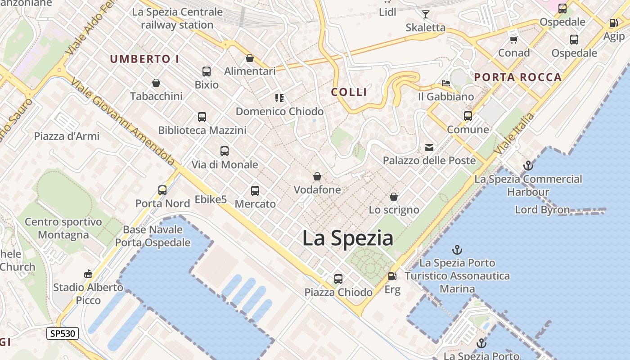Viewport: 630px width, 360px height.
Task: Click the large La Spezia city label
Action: pyautogui.click(x=347, y=238)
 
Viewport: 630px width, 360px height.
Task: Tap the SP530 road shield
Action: pyautogui.click(x=63, y=333)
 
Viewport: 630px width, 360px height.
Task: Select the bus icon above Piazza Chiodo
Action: pyautogui.click(x=338, y=279)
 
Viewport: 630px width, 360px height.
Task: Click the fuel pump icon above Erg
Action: pyautogui.click(x=392, y=276)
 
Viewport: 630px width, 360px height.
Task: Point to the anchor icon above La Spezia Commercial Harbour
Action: pyautogui.click(x=528, y=166)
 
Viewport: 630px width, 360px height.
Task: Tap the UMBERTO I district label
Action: pyautogui.click(x=144, y=59)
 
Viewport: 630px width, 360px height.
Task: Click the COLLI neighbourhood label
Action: pyautogui.click(x=349, y=92)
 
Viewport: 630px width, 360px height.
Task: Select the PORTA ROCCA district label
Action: pyautogui.click(x=518, y=77)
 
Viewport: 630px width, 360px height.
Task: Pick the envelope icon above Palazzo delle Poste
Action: pyautogui.click(x=429, y=147)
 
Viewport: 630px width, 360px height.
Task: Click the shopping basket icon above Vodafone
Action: pyautogui.click(x=317, y=176)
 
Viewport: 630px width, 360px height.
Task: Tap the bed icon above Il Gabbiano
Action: pyautogui.click(x=446, y=83)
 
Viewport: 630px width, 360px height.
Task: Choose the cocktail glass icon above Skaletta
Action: pyautogui.click(x=425, y=14)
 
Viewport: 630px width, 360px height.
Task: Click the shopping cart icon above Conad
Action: pyautogui.click(x=513, y=40)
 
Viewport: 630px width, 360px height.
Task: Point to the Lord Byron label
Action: pyautogui.click(x=542, y=210)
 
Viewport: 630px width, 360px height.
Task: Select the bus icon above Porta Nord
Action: pyautogui.click(x=162, y=190)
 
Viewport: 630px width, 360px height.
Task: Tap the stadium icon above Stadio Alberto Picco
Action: pyautogui.click(x=88, y=274)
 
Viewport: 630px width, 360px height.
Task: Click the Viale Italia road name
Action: pyautogui.click(x=515, y=135)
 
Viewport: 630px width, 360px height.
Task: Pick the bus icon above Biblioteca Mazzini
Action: pyautogui.click(x=202, y=117)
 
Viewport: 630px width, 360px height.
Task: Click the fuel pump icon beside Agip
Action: pyautogui.click(x=613, y=23)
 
